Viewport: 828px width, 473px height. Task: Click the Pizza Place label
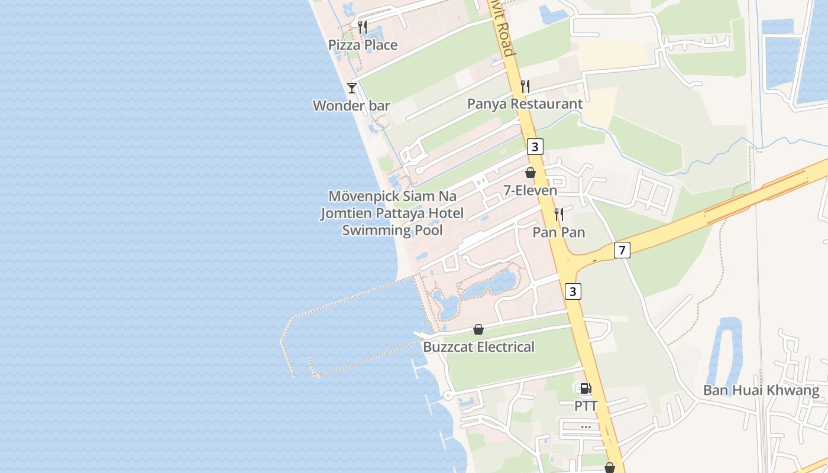click(363, 45)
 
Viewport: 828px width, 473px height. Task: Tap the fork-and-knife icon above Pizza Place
click(363, 27)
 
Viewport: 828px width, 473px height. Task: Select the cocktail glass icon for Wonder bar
click(352, 88)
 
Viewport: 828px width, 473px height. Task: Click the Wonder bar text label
click(351, 106)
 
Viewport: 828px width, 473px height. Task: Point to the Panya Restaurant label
click(525, 104)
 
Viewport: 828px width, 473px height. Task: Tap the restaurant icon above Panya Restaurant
click(525, 86)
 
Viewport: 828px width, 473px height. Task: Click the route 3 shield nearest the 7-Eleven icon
click(535, 147)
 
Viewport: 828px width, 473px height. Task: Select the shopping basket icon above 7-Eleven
click(531, 173)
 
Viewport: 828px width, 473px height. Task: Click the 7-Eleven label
click(530, 190)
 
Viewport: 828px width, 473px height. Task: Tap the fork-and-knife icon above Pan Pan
click(558, 214)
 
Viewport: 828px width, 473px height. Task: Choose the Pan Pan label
click(559, 232)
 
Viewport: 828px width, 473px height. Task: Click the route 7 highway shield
click(621, 250)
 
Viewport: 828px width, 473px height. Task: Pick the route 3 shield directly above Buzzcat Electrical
click(572, 291)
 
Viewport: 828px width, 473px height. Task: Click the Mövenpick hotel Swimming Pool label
click(392, 213)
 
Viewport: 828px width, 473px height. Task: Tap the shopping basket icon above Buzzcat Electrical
click(478, 329)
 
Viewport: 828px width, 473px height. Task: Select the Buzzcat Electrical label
click(478, 347)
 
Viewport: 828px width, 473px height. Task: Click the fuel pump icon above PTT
click(585, 388)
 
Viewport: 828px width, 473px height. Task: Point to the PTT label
click(586, 406)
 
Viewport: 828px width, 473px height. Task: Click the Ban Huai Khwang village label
click(761, 390)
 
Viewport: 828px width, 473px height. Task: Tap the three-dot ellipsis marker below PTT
click(586, 426)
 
